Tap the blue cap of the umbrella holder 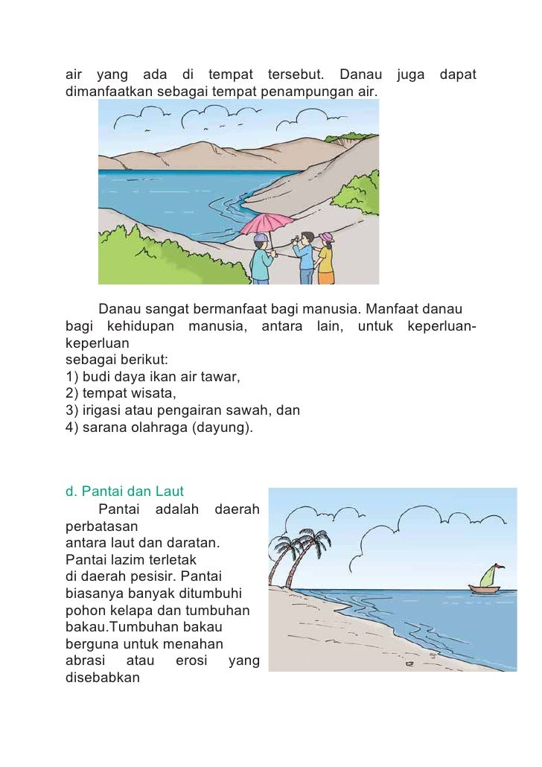click(x=260, y=239)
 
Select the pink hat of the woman click(x=325, y=238)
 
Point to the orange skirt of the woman click(x=326, y=275)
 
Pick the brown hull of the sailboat click(x=485, y=590)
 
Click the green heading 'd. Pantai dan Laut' click(x=124, y=491)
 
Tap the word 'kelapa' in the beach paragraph click(x=121, y=610)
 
